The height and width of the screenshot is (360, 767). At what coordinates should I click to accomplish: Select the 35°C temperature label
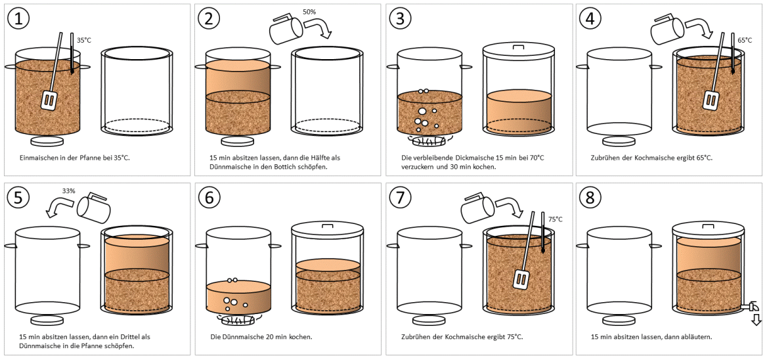pos(84,40)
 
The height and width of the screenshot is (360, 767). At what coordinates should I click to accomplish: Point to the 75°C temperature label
pos(555,219)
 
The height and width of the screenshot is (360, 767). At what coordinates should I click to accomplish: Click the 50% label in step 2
pos(309,12)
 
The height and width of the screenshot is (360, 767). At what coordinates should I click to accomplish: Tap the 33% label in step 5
pos(68,191)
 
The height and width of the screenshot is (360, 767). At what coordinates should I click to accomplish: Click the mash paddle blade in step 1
pos(47,101)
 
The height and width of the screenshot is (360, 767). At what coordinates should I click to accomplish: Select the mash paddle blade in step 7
pos(521,279)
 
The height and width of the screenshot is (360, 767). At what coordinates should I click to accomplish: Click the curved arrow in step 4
pos(698,28)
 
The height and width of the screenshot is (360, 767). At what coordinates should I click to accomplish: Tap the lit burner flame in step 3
pos(429,141)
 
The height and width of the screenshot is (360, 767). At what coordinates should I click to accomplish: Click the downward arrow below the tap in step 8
pos(756,320)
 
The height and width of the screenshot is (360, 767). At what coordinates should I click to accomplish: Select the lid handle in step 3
pos(518,47)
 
